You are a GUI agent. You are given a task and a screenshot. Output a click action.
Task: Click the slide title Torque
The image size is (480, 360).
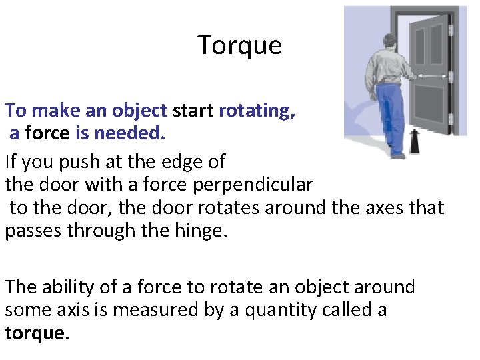click(x=240, y=45)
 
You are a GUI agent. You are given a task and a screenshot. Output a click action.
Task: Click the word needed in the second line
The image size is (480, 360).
click(x=129, y=133)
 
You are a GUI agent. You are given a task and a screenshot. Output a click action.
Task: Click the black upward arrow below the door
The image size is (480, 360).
click(x=414, y=141)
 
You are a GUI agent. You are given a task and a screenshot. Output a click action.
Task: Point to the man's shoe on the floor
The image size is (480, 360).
click(x=398, y=155)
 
